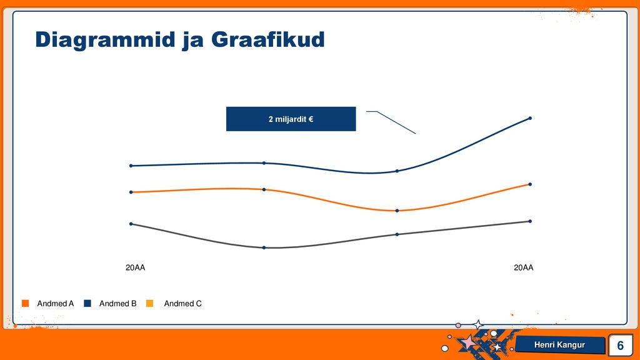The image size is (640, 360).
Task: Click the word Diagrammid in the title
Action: tap(105, 40)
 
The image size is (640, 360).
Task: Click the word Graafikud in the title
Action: tap(267, 39)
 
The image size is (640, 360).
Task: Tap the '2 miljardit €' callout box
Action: tap(291, 119)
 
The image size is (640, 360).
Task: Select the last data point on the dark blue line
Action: tap(530, 118)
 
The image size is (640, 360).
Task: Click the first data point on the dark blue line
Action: tap(131, 166)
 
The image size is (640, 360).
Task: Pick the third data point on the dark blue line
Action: tap(397, 171)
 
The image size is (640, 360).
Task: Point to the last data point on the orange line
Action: tap(530, 184)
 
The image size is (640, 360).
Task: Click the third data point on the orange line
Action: tap(397, 211)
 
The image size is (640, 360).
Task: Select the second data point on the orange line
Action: tap(264, 189)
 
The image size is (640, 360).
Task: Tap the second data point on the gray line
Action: tap(264, 247)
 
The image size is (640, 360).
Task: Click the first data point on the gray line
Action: tap(131, 224)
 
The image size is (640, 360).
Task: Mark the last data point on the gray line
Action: tap(530, 221)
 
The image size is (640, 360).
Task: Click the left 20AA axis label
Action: tap(135, 267)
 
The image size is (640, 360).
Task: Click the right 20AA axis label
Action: tap(523, 267)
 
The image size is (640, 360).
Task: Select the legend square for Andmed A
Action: tap(25, 303)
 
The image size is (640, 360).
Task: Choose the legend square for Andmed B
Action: tap(87, 303)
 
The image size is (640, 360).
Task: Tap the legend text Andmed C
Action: tap(183, 303)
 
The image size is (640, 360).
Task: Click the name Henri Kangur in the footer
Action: tap(559, 345)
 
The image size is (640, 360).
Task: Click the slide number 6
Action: tap(621, 345)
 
